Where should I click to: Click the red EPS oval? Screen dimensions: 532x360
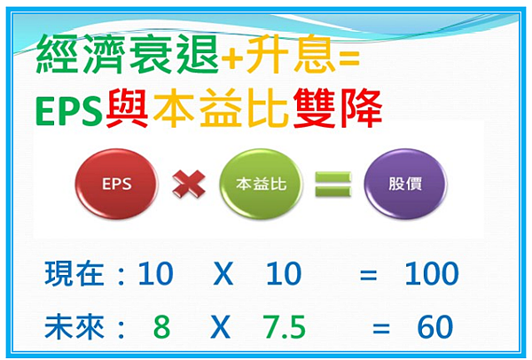pos(116,184)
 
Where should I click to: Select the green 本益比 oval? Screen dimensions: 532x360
pos(261,184)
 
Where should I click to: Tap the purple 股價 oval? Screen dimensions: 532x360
pos(405,184)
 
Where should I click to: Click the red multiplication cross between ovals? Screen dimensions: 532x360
pos(189,184)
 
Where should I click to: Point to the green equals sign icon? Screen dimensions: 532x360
pos(332,184)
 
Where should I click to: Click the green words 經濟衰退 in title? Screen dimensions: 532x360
pos(127,54)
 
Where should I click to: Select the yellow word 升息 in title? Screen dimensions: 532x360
pos(288,54)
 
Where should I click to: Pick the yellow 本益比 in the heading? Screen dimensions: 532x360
pos(221,108)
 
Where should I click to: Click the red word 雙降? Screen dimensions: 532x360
pos(338,108)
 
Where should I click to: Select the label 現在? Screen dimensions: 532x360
pos(74,273)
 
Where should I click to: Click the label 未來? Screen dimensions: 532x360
pos(74,327)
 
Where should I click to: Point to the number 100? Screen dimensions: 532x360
pos(432,273)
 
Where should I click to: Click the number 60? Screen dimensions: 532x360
pos(435,327)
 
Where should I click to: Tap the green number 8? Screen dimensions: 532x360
pos(161,327)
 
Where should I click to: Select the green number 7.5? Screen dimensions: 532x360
pos(285,327)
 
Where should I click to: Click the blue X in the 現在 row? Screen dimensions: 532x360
pos(223,273)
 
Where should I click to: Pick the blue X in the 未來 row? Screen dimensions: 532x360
pos(221,327)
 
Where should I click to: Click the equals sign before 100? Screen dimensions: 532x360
pos(369,275)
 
